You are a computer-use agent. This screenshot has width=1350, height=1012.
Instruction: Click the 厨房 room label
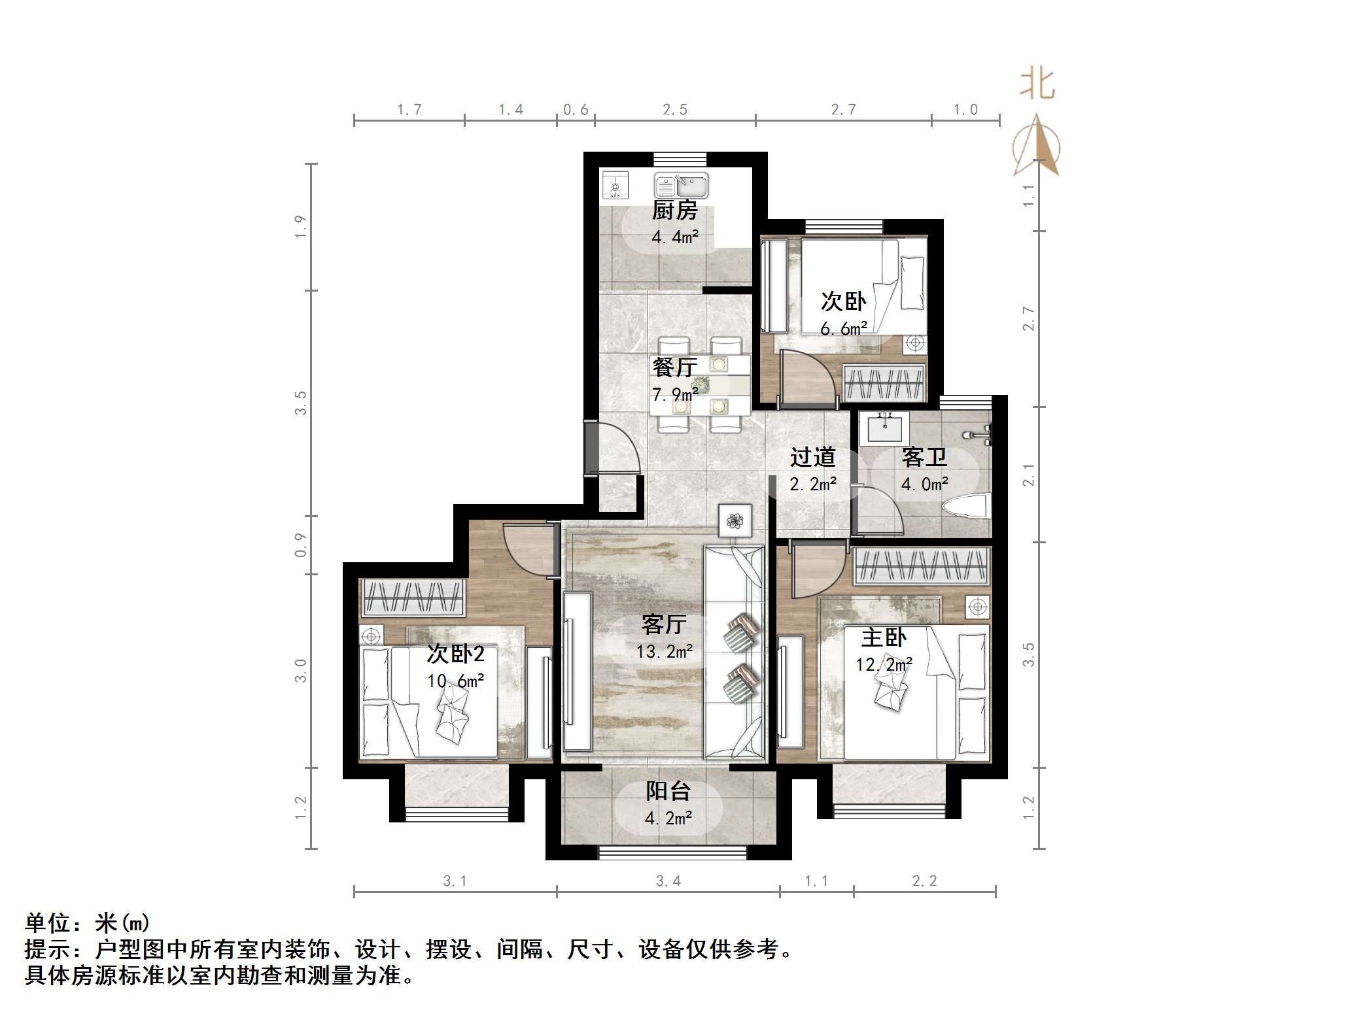coord(674,211)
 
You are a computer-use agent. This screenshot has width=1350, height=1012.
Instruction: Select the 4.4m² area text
coord(674,237)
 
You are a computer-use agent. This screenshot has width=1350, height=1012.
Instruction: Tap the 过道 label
coord(812,457)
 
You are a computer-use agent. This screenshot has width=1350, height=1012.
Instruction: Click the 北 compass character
coord(1037,85)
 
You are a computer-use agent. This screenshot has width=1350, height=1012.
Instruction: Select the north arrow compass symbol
coord(1037,147)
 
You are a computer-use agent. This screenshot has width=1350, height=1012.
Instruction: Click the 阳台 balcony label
coord(668,792)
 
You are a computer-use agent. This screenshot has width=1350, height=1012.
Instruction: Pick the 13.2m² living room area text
coord(664,651)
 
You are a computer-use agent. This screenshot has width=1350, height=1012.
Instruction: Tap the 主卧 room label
coord(884,637)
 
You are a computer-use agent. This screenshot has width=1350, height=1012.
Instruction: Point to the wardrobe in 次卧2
coord(413,597)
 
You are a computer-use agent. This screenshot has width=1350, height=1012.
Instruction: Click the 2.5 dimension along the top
coord(674,110)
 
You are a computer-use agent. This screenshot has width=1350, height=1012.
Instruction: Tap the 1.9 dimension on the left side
coord(300,226)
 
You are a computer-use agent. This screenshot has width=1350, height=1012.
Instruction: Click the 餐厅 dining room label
coord(674,367)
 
